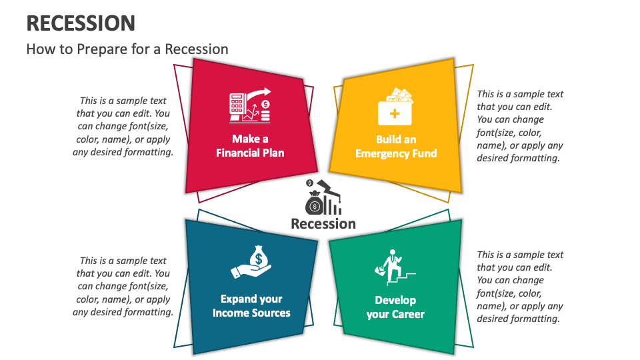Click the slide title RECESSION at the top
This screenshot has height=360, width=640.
tap(81, 23)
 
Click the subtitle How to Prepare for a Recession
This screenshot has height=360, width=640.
tap(127, 49)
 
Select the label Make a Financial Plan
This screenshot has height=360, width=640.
tap(250, 146)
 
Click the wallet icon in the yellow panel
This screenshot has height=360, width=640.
tap(395, 107)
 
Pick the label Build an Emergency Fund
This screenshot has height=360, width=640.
tap(396, 147)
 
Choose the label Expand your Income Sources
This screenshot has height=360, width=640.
tap(251, 306)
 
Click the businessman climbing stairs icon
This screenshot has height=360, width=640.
tap(395, 267)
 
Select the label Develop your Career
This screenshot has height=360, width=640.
tap(395, 307)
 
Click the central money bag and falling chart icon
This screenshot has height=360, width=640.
tap(323, 197)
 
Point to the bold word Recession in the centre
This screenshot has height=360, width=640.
tap(323, 224)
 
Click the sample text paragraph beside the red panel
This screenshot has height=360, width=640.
tap(123, 127)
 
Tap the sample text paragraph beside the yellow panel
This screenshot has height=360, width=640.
tap(520, 126)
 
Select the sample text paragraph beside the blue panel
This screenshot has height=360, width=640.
tap(123, 287)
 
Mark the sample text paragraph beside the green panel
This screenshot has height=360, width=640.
tap(520, 287)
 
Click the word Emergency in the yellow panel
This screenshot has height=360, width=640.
tap(382, 153)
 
